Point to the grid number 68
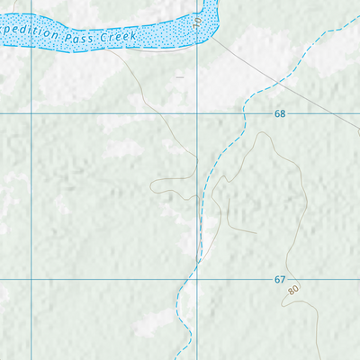coord(280,114)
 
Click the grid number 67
coord(280,280)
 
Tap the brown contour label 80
coord(293,291)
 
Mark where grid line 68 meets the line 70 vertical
coord(199,114)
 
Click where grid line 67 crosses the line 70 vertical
coord(199,279)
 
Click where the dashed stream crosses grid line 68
coord(242,114)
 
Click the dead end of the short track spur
coord(257,233)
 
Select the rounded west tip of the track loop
coord(152,186)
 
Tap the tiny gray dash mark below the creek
coord(179,77)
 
